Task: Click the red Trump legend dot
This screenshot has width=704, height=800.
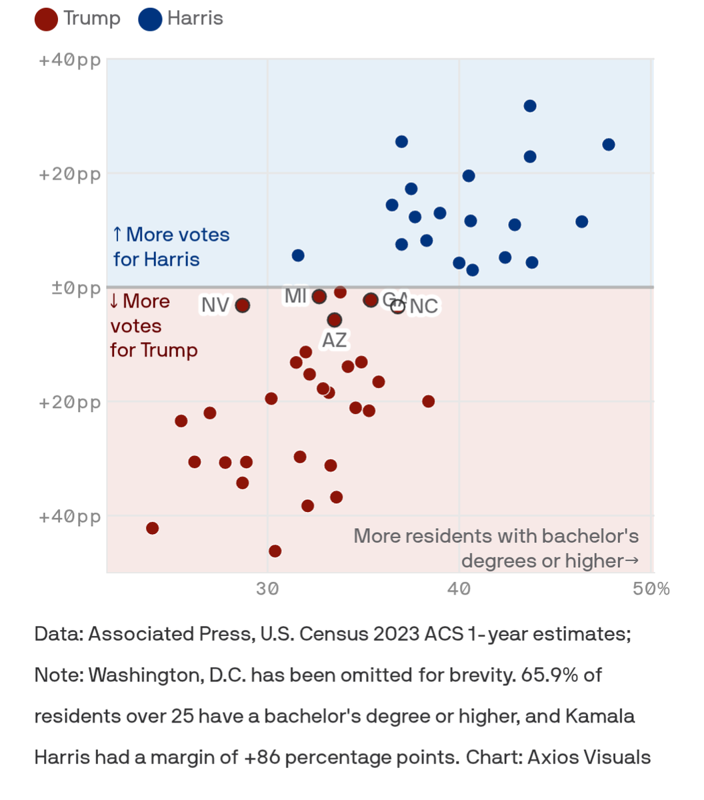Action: click(47, 19)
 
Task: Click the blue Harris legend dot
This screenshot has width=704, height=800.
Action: click(150, 19)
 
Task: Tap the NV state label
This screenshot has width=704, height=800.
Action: click(215, 305)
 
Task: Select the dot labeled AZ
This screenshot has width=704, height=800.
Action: click(335, 320)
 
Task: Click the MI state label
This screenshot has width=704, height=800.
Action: click(295, 296)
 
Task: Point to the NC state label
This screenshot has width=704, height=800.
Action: click(424, 306)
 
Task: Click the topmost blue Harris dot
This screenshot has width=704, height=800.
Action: click(530, 106)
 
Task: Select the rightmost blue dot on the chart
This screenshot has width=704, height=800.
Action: click(609, 145)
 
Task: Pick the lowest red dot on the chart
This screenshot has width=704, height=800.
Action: click(275, 551)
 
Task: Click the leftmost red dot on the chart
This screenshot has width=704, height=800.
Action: click(152, 529)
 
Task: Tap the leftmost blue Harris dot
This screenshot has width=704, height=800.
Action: click(298, 255)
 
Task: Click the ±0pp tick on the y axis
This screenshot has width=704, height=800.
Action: click(76, 288)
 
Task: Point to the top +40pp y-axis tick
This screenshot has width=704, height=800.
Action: click(70, 60)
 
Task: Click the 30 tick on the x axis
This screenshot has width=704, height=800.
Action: click(267, 589)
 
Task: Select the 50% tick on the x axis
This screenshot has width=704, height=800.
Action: click(651, 589)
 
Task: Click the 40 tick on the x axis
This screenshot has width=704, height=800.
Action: click(459, 589)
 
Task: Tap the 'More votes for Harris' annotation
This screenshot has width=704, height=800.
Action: click(171, 247)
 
